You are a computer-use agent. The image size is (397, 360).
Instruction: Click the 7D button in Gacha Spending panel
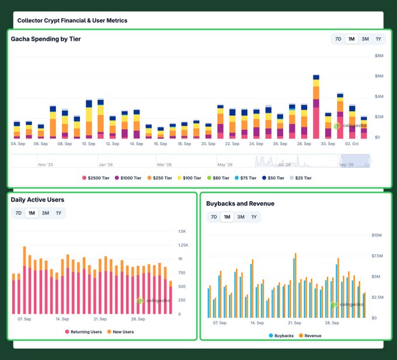[x=338, y=39]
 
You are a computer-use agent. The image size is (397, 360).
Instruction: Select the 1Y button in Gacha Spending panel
[x=378, y=39]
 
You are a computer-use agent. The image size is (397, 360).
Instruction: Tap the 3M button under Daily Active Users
[x=46, y=213]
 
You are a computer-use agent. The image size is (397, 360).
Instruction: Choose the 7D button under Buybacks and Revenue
[x=214, y=217]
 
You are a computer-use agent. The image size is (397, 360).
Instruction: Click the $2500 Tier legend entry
[x=96, y=178]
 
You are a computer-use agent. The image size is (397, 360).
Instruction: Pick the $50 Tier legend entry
[x=273, y=178]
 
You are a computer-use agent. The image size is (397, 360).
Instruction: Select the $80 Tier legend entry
[x=218, y=178]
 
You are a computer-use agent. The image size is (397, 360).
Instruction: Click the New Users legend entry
[x=120, y=332]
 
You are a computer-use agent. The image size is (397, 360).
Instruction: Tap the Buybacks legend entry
[x=281, y=335]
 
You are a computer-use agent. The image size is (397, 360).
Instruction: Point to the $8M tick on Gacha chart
[x=379, y=56]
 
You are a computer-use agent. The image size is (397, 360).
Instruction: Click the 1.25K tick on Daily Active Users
[x=183, y=245]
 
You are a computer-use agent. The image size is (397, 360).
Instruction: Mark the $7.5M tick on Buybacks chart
[x=377, y=256]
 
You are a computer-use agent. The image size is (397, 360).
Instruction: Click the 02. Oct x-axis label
[x=351, y=144]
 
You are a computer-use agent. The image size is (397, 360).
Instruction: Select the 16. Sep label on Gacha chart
[x=161, y=144]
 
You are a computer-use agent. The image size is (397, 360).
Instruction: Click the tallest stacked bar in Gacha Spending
[x=316, y=106]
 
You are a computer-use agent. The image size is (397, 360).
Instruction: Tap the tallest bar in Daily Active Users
[x=25, y=280]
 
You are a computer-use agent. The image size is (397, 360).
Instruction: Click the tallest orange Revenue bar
[x=295, y=285]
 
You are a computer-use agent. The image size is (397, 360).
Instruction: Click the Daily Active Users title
[x=37, y=200]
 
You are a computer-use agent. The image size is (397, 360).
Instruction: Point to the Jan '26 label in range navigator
[x=106, y=165]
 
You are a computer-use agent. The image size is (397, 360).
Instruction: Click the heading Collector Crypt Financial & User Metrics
[x=72, y=20]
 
